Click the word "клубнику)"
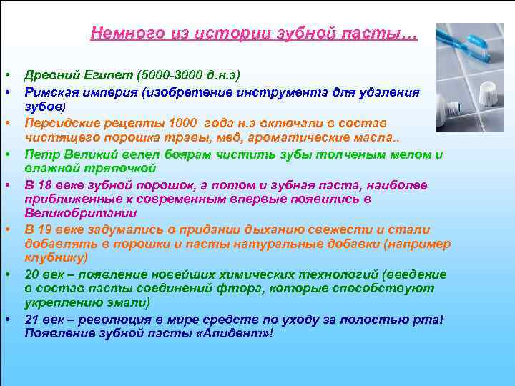(x=57, y=257)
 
